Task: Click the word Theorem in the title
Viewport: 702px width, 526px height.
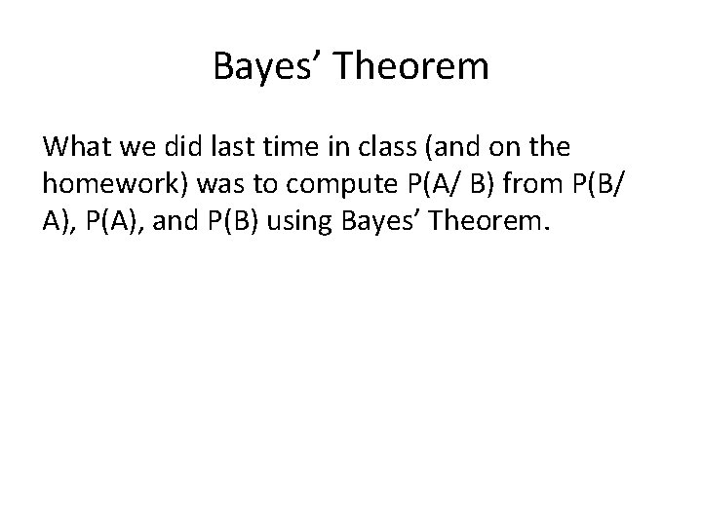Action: (x=410, y=68)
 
